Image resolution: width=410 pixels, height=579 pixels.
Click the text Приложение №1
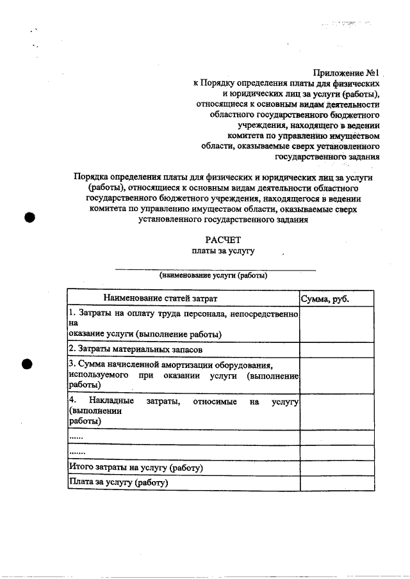click(x=347, y=72)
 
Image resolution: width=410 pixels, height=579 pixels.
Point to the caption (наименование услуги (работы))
click(x=213, y=276)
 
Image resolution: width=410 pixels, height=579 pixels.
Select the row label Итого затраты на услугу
click(x=135, y=468)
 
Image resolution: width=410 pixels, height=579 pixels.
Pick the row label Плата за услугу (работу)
click(x=119, y=482)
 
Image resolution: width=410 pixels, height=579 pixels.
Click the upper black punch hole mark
click(x=28, y=216)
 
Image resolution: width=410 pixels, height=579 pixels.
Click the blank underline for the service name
click(x=215, y=269)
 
